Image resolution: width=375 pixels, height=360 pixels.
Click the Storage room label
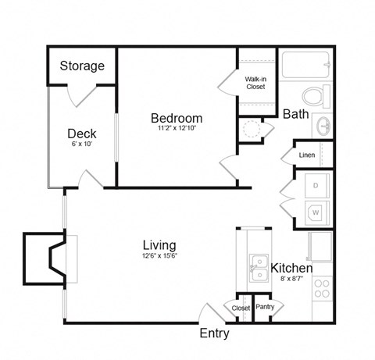click(82, 66)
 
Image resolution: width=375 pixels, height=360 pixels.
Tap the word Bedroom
click(177, 118)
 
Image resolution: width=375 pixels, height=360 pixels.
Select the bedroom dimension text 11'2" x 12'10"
click(177, 129)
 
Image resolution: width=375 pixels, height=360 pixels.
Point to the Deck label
click(82, 134)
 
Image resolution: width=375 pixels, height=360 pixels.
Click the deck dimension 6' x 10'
click(82, 144)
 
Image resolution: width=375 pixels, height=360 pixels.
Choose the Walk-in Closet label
click(255, 83)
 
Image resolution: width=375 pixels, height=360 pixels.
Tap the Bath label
click(295, 114)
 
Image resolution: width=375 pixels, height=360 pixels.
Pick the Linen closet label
click(307, 155)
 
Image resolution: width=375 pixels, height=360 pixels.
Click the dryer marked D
click(315, 185)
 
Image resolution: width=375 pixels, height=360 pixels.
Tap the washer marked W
click(315, 211)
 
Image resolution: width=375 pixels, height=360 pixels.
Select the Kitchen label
click(291, 268)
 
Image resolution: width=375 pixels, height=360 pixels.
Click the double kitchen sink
click(256, 268)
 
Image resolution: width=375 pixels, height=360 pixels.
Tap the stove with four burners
click(322, 290)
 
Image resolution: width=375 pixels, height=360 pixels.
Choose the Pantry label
click(264, 307)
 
